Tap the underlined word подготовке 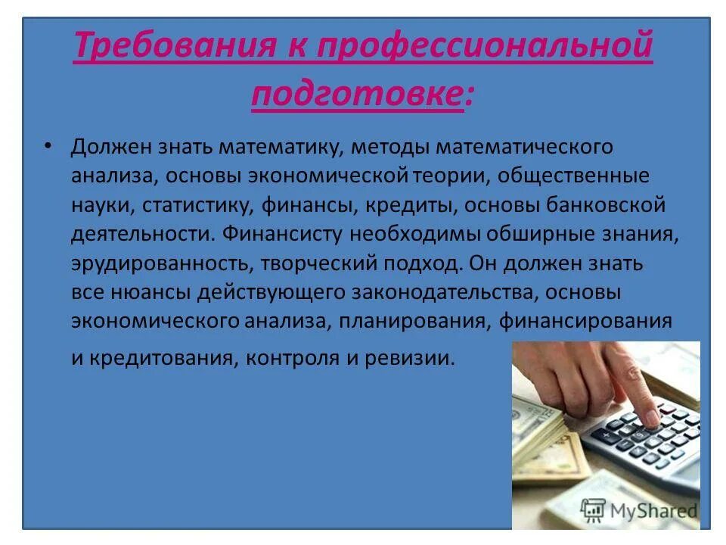[x=356, y=95]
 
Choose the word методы [x=386, y=147]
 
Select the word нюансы [x=133, y=293]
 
